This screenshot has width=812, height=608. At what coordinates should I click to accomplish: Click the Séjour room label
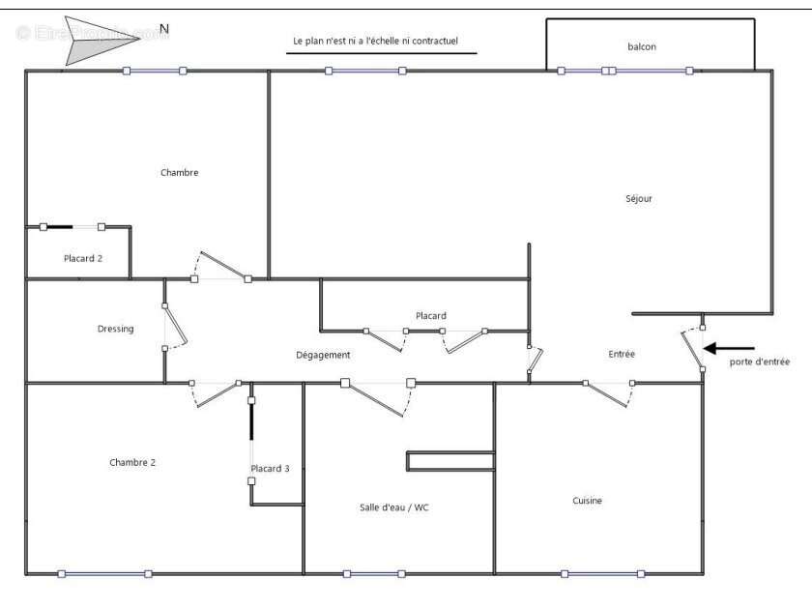[x=639, y=199]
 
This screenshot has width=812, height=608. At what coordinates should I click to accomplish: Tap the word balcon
[x=642, y=46]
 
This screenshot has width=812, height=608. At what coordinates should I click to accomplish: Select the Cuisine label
[x=587, y=501]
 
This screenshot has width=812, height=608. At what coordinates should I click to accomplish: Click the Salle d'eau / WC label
[x=393, y=507]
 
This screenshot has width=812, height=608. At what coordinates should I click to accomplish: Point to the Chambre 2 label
[x=132, y=462]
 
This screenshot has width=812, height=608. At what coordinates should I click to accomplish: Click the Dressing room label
[x=115, y=329]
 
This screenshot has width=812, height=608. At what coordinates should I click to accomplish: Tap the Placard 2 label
[x=83, y=258]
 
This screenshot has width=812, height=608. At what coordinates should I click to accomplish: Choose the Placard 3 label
[x=270, y=469]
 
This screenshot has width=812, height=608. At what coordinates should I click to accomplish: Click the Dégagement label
[x=323, y=355]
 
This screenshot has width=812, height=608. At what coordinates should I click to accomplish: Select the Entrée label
[x=622, y=354]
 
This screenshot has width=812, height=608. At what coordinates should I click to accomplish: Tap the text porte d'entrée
[x=759, y=362]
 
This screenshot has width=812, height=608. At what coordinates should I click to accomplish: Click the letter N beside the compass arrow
[x=164, y=29]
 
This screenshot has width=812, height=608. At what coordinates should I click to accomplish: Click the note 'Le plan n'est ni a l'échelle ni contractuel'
[x=375, y=41]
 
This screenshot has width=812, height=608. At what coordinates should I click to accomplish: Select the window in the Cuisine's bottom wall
[x=602, y=574]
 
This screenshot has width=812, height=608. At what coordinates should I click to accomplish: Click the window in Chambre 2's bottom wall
[x=104, y=574]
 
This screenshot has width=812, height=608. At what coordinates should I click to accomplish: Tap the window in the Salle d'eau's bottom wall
[x=373, y=574]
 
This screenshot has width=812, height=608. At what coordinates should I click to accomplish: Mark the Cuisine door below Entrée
[x=609, y=394]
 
